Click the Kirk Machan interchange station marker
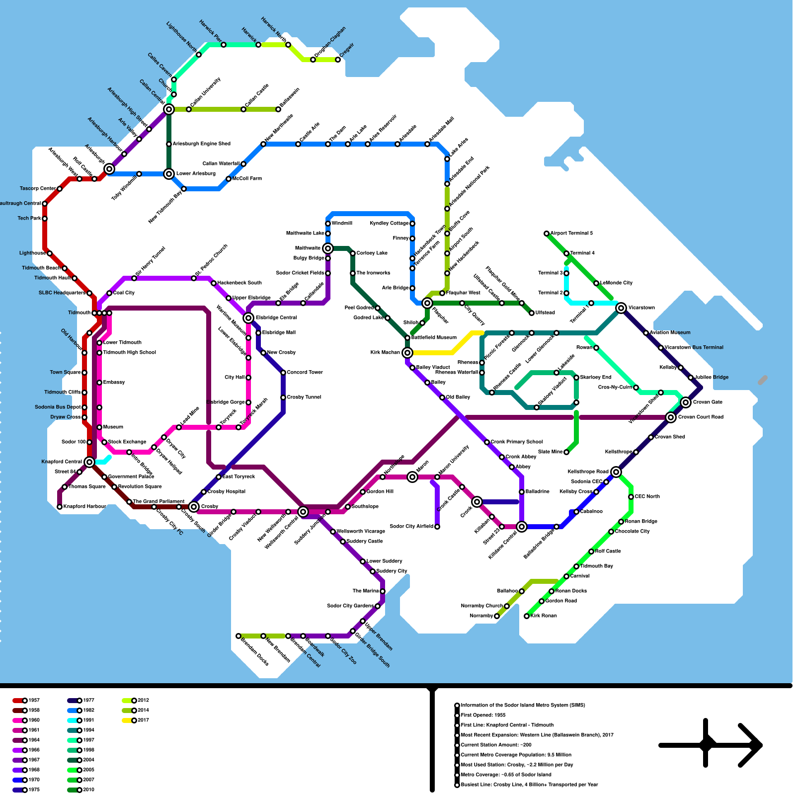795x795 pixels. click(x=407, y=353)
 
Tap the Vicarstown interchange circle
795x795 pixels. click(x=621, y=308)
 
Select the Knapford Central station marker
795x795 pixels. click(x=89, y=462)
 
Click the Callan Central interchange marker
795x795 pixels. click(x=169, y=109)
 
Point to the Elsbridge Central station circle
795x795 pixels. click(x=248, y=318)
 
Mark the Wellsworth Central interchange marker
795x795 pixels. click(x=303, y=512)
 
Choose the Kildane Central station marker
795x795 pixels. click(x=522, y=527)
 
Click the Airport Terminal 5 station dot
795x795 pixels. click(x=547, y=234)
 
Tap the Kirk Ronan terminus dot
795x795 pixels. click(x=527, y=616)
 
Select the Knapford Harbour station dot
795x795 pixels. click(x=60, y=507)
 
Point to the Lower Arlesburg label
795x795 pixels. click(x=196, y=174)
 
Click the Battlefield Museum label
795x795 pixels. click(x=434, y=338)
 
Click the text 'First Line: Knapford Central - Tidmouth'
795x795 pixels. click(x=507, y=725)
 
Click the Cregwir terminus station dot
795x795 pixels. click(x=338, y=60)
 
